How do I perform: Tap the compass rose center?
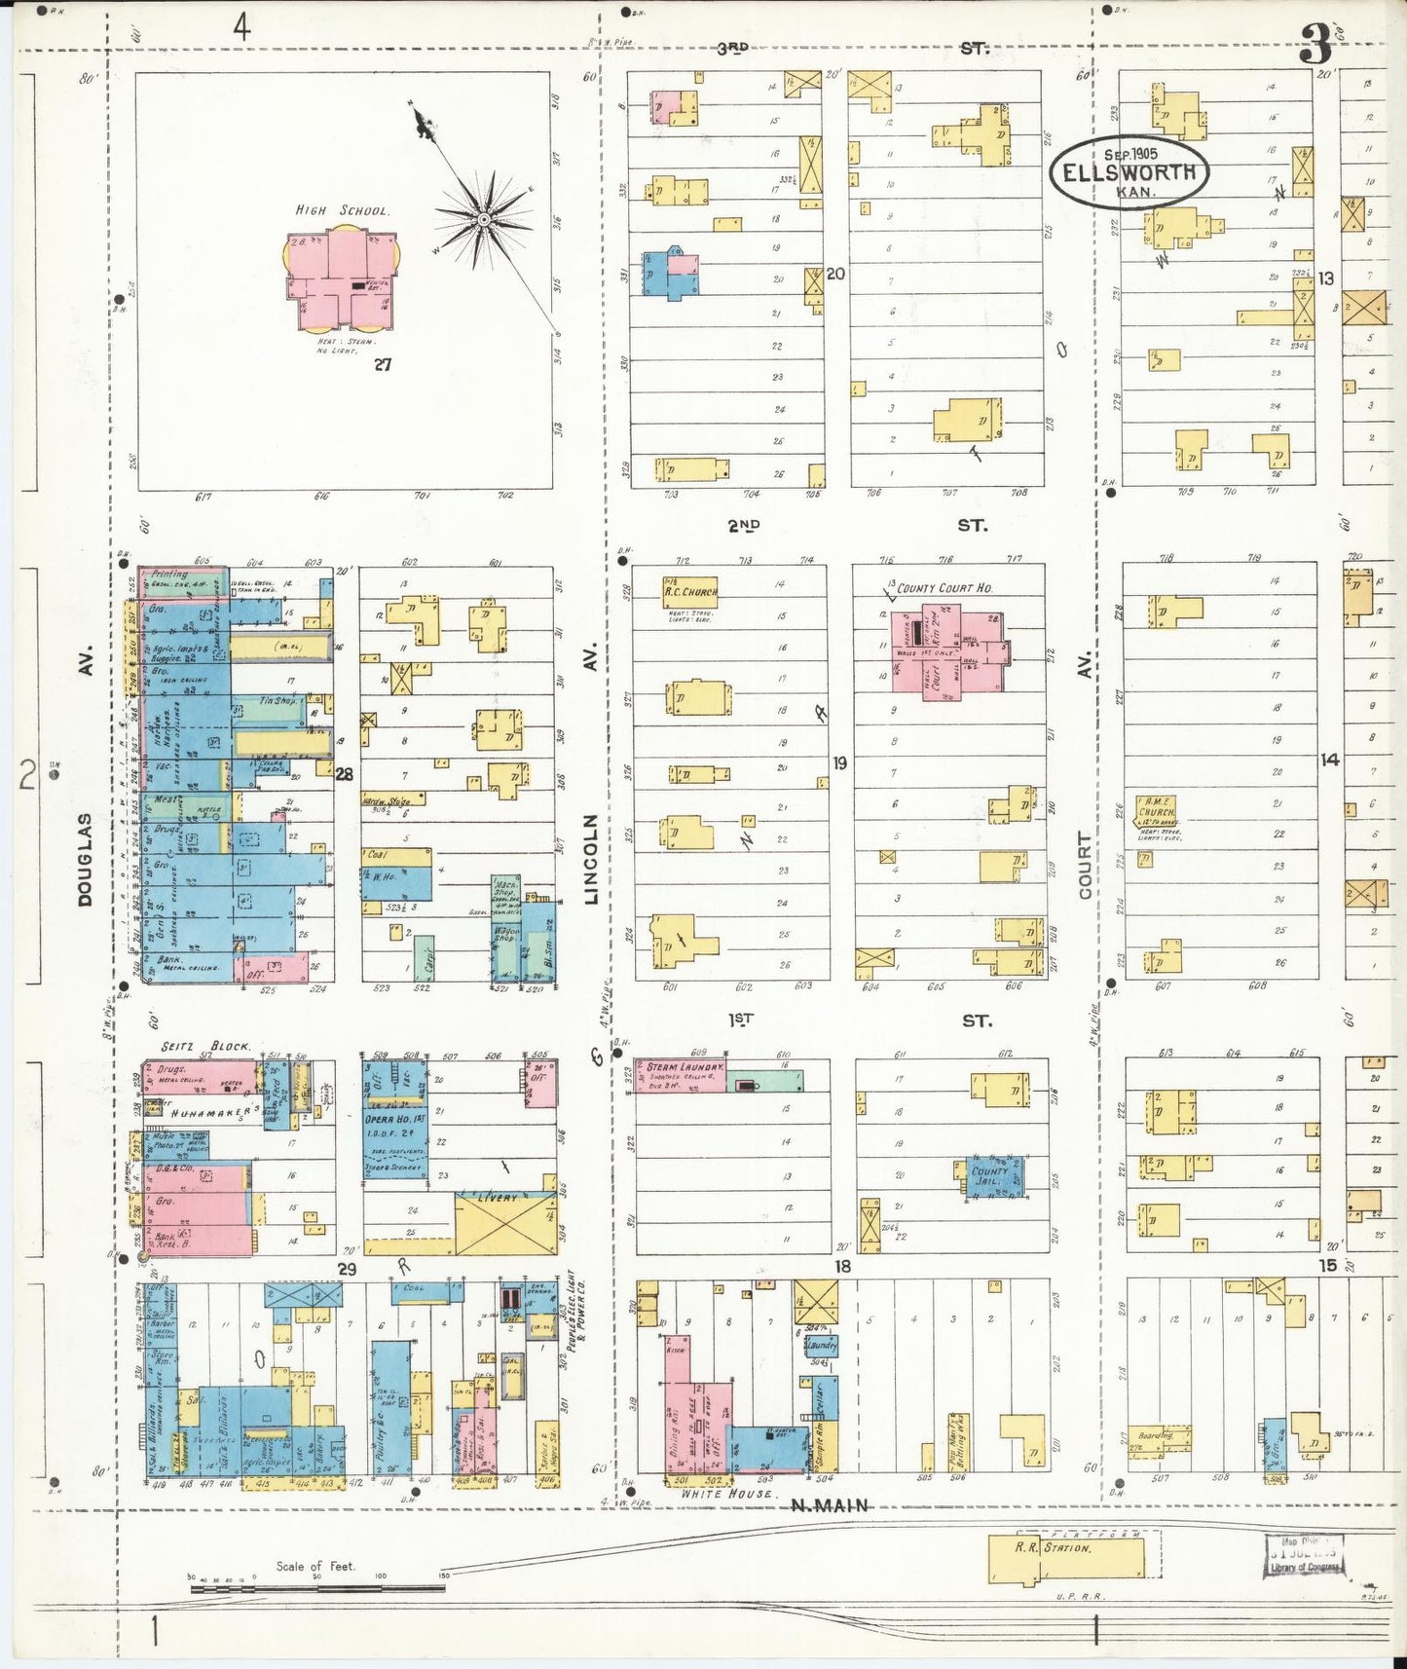click(483, 221)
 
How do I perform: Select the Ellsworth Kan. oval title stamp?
click(1129, 171)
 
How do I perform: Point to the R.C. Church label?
click(690, 591)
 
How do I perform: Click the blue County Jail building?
click(992, 1176)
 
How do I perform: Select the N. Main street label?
click(830, 1505)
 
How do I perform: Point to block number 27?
click(382, 364)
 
